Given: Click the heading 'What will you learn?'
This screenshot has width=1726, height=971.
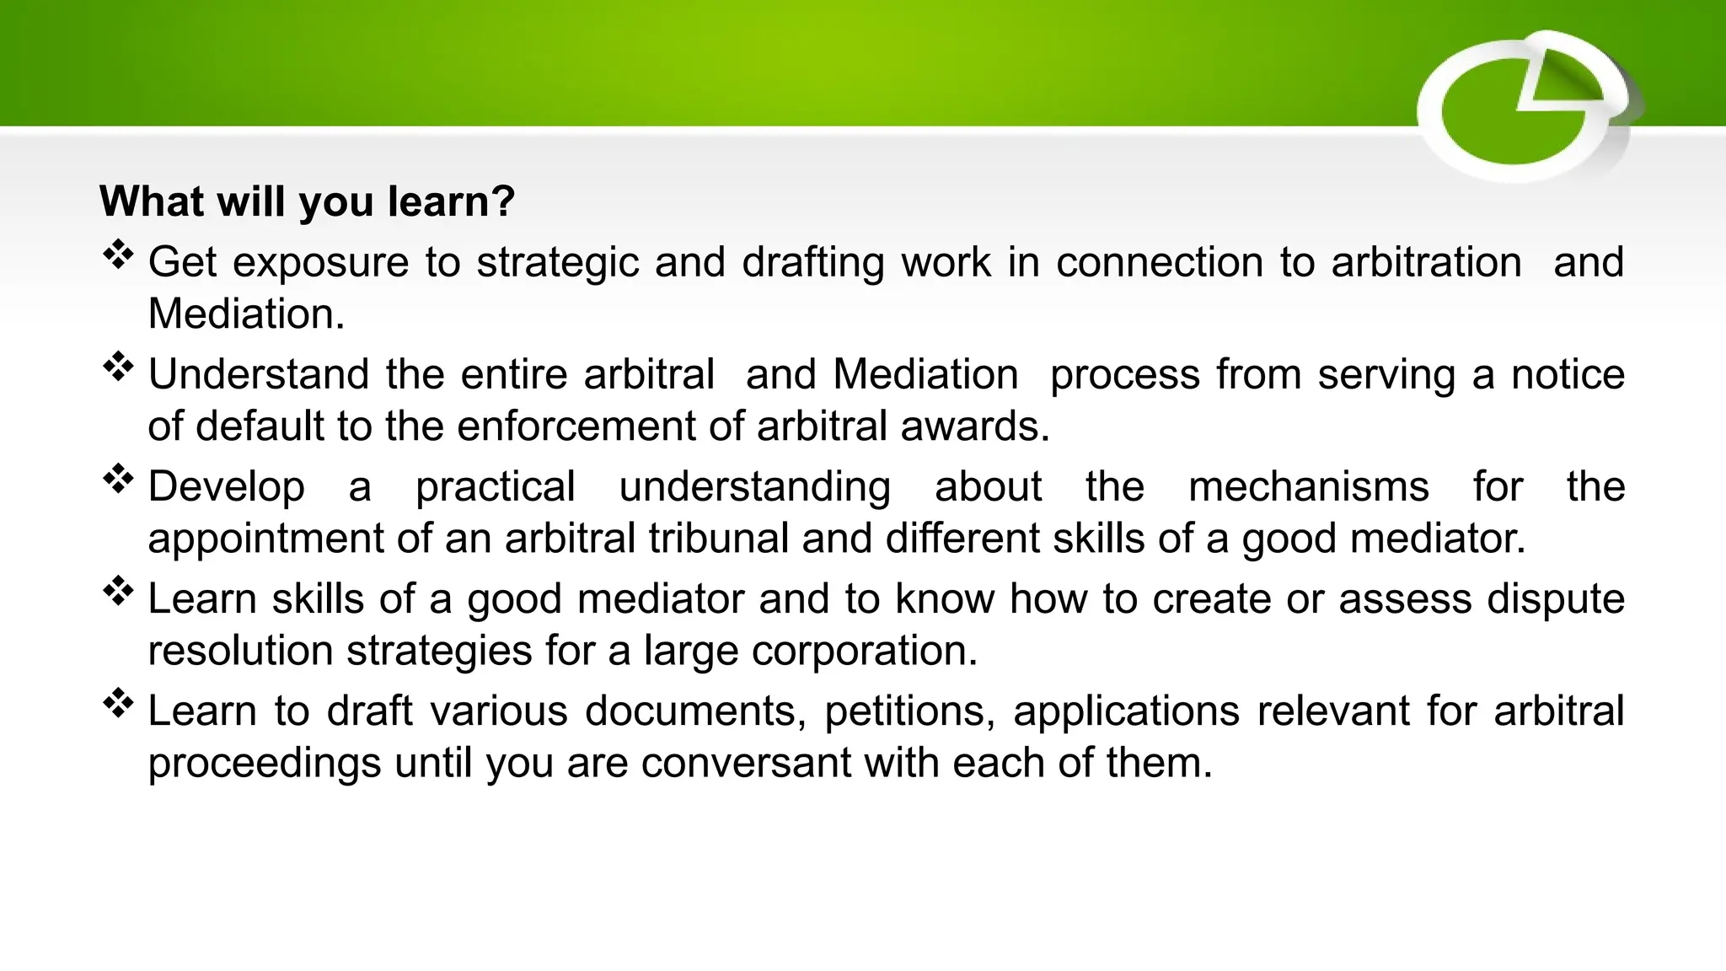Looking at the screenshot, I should click(307, 201).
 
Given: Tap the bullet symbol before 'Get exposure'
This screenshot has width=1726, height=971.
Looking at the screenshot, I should click(119, 255).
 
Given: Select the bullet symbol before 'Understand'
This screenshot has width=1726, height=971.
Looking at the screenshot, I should click(119, 367).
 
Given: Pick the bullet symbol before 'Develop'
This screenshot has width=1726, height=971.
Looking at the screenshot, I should click(119, 479).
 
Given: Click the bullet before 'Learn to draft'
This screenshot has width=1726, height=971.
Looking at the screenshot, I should click(119, 703).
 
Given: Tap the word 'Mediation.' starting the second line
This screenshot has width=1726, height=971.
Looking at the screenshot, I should click(246, 314).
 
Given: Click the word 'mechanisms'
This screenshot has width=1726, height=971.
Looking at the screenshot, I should click(1308, 487).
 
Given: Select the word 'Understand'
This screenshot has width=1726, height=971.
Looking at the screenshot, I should click(259, 374).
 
